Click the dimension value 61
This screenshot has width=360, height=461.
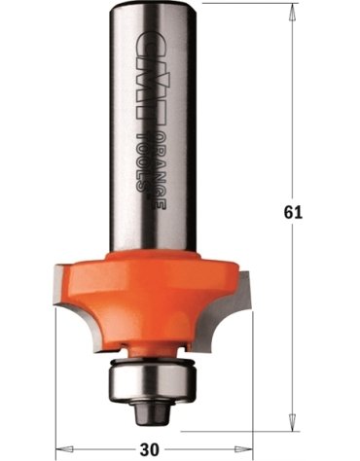coord(293,212)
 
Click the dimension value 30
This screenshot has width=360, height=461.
coord(150,449)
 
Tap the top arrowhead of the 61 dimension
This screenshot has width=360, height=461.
coord(293,12)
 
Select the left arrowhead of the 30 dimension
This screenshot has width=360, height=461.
coord(65,449)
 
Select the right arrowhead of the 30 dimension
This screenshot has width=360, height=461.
coord(243,449)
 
